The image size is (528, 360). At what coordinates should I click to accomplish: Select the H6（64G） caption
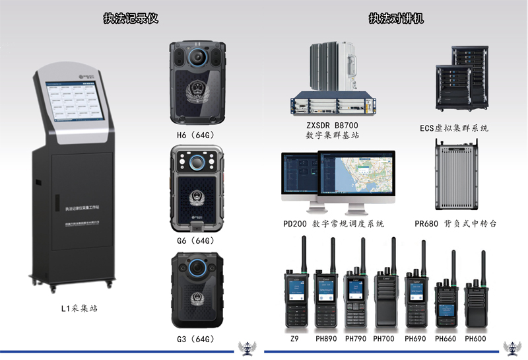(196, 136)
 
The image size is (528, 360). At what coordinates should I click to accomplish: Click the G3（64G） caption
(196, 340)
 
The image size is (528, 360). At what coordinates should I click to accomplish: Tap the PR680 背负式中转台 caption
(456, 225)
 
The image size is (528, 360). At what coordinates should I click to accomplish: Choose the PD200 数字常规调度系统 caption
(333, 225)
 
